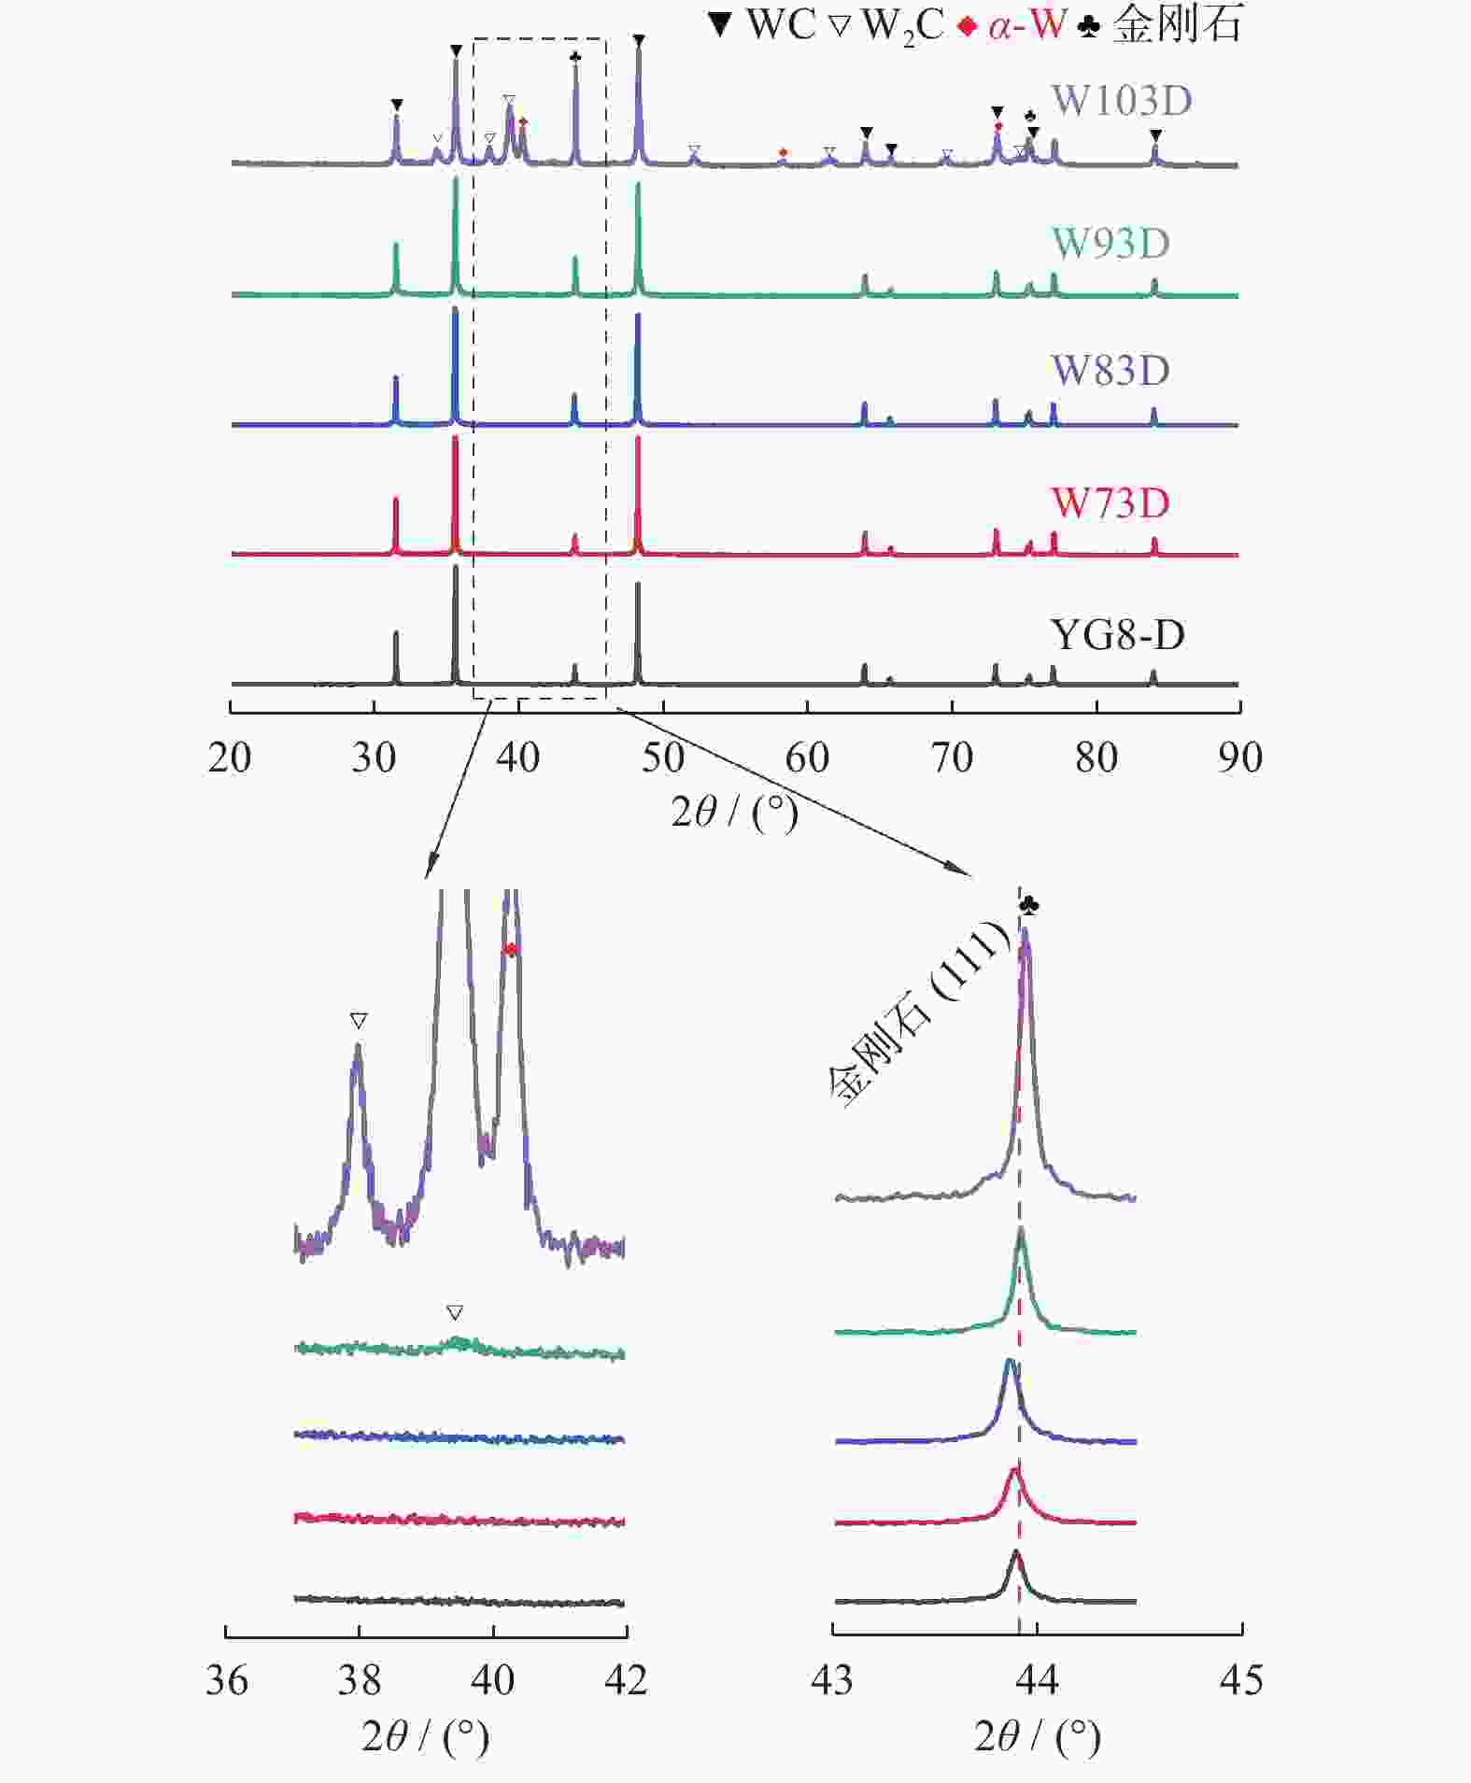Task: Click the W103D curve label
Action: [x=1122, y=101]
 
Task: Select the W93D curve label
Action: [x=1110, y=244]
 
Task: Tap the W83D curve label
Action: [x=1110, y=371]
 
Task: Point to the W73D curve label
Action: [x=1110, y=503]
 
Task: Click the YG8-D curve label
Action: [x=1117, y=635]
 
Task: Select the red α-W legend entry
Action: [x=1012, y=25]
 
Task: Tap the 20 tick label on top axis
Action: [x=230, y=757]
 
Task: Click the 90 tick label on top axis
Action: [x=1240, y=757]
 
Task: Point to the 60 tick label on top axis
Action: [x=807, y=757]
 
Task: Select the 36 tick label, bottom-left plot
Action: [x=226, y=1680]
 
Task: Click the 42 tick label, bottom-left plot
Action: [x=626, y=1680]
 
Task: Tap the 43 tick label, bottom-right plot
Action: [x=831, y=1680]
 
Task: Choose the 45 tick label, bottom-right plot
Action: [x=1241, y=1680]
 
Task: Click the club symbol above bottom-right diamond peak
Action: [x=1029, y=905]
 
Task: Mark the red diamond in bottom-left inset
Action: [x=510, y=951]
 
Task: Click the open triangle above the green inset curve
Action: [x=455, y=1313]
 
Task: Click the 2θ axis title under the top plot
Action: [x=735, y=813]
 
